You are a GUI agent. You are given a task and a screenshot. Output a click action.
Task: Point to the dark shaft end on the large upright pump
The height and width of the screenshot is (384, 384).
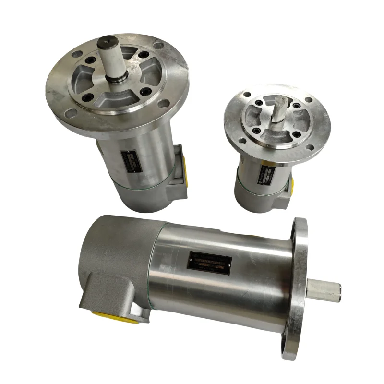click(x=107, y=45)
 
